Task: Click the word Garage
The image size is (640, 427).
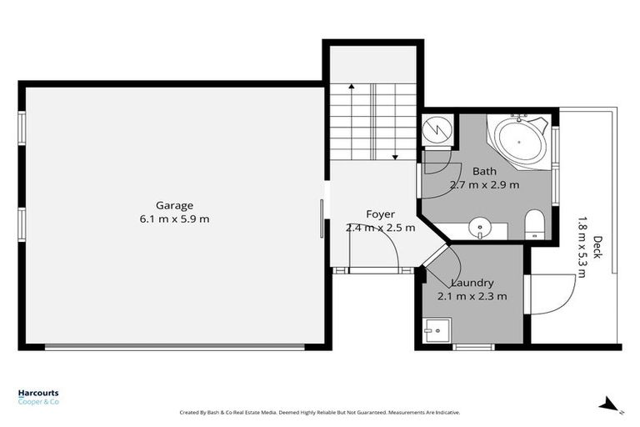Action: click(174, 205)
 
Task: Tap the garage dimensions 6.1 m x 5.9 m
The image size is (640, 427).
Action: click(174, 219)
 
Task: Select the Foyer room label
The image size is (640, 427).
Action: click(380, 214)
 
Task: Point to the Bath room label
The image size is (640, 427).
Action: click(484, 172)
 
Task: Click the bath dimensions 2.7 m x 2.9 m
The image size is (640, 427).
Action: click(484, 185)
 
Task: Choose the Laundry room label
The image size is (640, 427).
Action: click(472, 283)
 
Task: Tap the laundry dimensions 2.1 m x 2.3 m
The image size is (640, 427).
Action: click(472, 296)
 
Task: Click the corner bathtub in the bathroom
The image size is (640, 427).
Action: click(519, 143)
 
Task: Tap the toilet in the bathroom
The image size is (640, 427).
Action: click(534, 224)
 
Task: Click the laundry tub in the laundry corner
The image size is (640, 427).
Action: click(433, 331)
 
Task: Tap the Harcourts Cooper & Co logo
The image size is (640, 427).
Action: click(38, 397)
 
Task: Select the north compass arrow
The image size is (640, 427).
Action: click(609, 404)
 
